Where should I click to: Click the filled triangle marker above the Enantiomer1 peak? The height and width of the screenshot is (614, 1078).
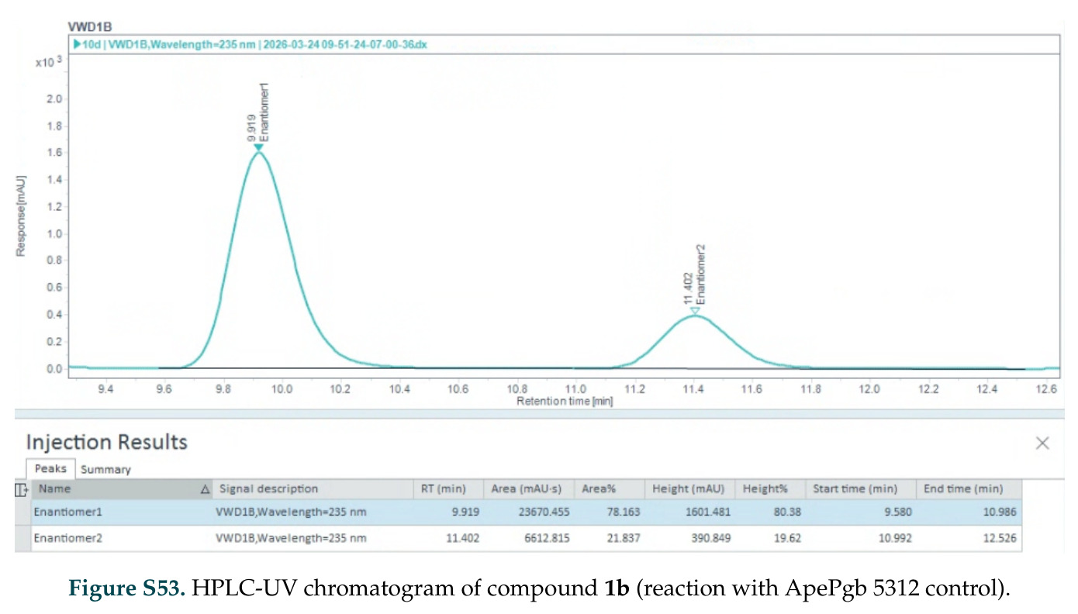(258, 148)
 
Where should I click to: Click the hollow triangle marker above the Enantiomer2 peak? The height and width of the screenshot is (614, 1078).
(695, 311)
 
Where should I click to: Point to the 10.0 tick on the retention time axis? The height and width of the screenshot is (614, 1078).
(282, 389)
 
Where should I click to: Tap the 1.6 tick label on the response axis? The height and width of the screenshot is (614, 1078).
(54, 153)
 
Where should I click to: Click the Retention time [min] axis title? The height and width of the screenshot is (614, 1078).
(565, 402)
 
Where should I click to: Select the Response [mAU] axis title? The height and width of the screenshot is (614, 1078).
(21, 216)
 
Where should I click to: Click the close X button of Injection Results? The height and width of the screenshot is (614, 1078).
(1042, 443)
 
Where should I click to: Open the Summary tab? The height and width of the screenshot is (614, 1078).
(105, 470)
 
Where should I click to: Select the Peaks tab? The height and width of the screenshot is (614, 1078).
(50, 469)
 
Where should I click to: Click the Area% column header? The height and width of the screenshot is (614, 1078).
(599, 489)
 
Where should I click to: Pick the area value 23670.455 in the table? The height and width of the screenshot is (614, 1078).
(544, 512)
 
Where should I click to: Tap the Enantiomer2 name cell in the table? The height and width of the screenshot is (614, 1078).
(67, 538)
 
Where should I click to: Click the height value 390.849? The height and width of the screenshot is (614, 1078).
(711, 538)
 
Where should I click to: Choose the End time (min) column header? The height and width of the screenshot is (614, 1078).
(963, 489)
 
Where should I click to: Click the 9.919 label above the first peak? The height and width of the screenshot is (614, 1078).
(251, 128)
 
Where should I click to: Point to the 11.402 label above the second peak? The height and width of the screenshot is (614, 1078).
(688, 288)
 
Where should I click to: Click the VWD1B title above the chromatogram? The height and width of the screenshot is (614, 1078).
(90, 27)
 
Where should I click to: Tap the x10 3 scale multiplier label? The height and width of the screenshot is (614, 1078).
(49, 62)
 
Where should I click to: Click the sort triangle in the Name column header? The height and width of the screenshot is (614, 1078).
(205, 489)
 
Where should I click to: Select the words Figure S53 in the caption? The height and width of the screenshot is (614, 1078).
(127, 588)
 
